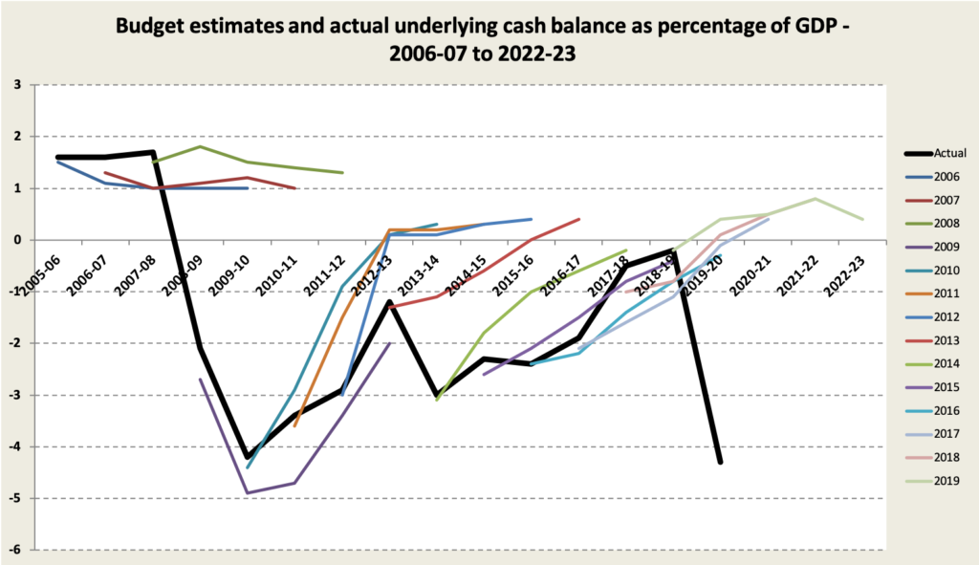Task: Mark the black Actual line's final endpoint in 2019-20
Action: [x=721, y=463]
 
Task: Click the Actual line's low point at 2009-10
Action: [x=248, y=458]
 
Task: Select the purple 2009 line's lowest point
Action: [x=248, y=493]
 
